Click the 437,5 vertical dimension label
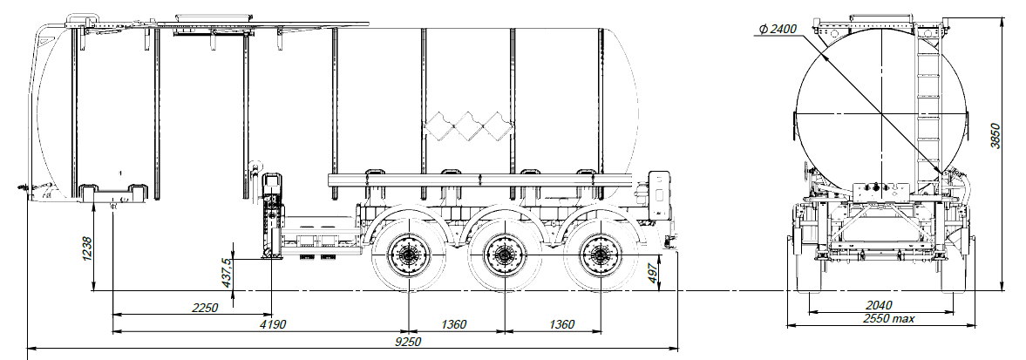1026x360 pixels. tap(227, 272)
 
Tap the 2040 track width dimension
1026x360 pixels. tap(880, 305)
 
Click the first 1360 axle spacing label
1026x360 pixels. tap(453, 324)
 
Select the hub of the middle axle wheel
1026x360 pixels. tap(502, 255)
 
